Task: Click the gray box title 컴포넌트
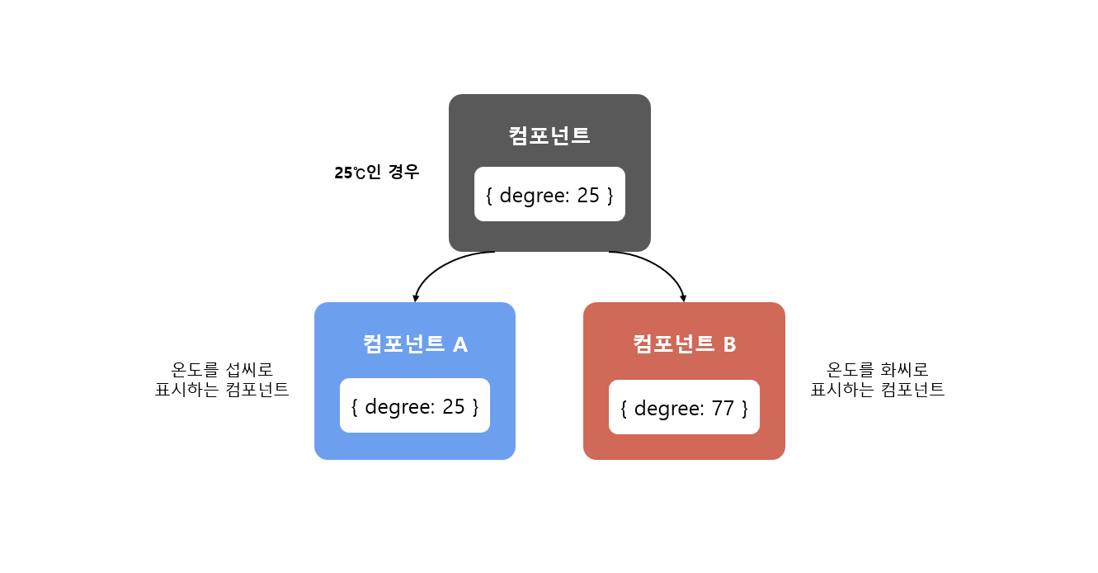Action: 549,135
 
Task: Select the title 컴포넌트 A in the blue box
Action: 415,343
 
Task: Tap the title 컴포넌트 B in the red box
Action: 684,343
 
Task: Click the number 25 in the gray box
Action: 589,196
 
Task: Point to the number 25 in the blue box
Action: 454,406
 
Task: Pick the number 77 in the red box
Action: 723,408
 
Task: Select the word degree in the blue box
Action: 396,406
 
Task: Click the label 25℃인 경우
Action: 377,173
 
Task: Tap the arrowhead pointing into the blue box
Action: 415,298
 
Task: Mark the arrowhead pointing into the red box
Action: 683,298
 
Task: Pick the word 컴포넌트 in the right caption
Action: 912,390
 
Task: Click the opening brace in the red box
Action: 624,408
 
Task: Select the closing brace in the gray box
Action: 610,196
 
